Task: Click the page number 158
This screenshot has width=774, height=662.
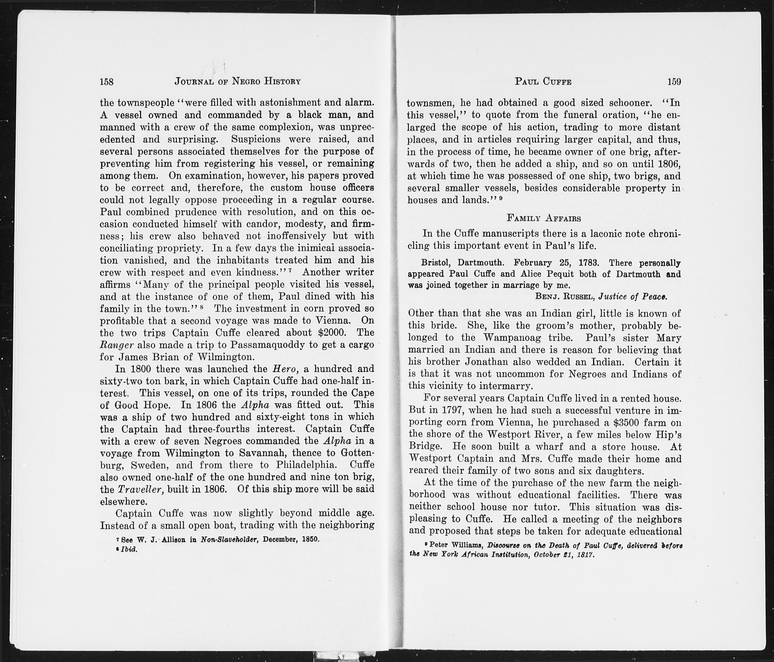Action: click(x=106, y=81)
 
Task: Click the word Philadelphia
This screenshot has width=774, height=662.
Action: click(x=307, y=465)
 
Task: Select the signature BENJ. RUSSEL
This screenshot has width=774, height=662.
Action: click(x=564, y=296)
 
